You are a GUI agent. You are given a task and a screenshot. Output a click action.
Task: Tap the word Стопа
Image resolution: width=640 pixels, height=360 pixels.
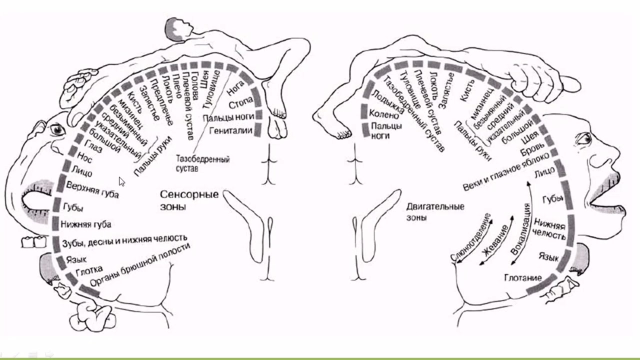click(239, 105)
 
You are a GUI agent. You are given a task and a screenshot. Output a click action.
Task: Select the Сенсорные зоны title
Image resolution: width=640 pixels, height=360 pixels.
click(188, 199)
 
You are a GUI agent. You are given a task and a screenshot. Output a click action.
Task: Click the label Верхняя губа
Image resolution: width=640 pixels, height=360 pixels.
click(92, 190)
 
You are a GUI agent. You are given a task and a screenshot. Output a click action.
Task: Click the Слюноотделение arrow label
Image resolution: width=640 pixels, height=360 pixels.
click(470, 240)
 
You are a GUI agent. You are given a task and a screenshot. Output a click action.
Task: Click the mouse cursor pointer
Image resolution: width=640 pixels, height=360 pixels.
click(121, 181)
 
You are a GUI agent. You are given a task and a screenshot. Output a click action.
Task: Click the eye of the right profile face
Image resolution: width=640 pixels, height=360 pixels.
click(583, 139)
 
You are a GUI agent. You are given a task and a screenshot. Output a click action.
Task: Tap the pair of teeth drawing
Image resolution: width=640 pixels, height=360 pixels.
click(33, 241)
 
